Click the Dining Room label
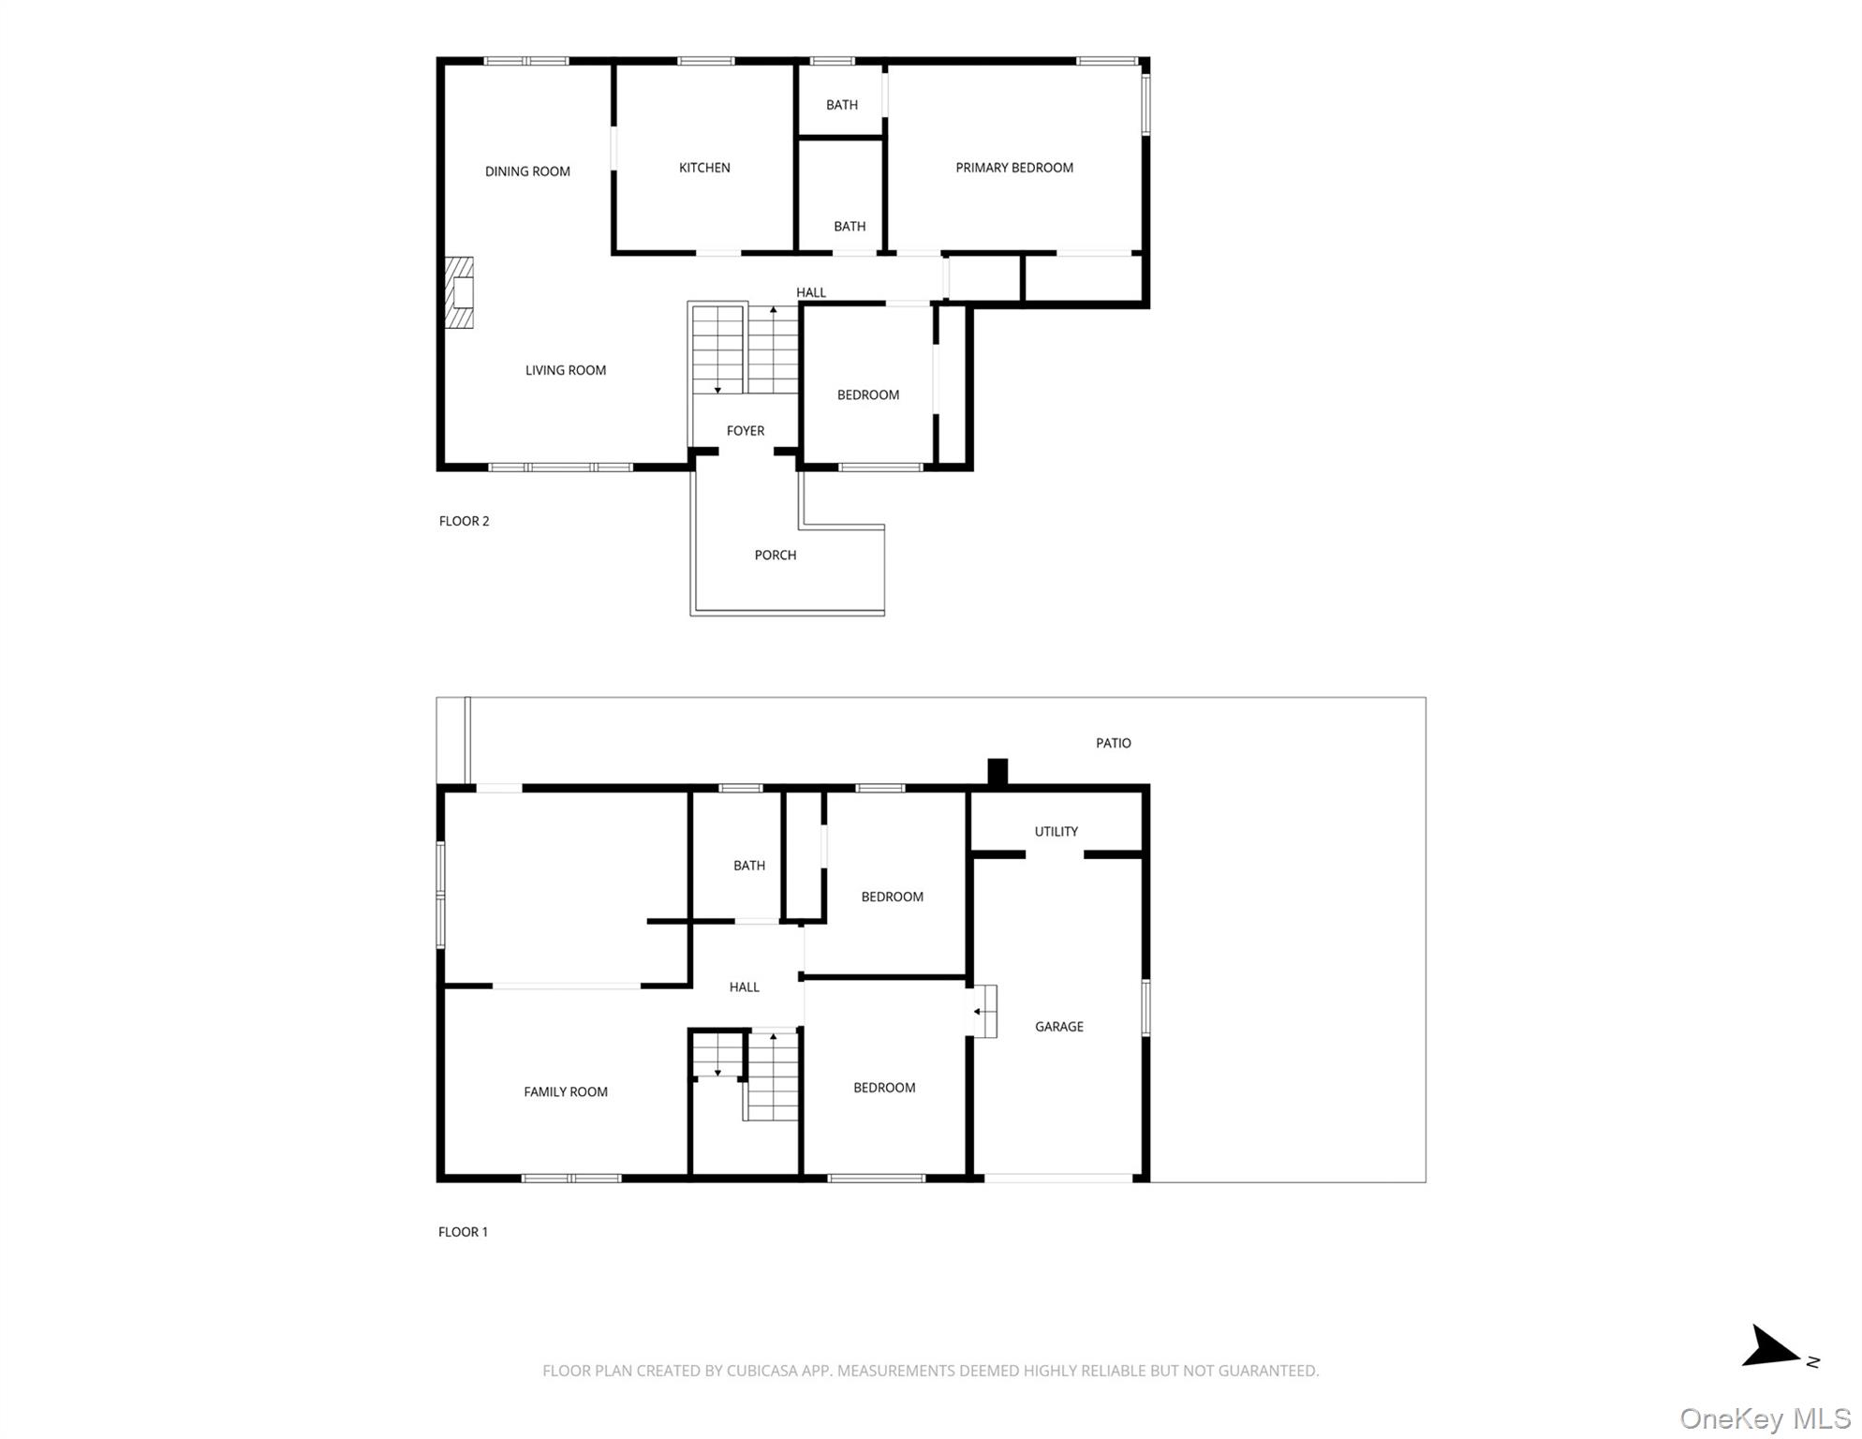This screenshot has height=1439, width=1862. point(527,171)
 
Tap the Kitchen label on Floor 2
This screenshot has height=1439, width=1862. point(704,168)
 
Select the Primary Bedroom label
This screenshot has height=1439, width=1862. point(1013,168)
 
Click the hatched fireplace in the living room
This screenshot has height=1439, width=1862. point(459,292)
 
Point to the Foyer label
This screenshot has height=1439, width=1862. point(746,431)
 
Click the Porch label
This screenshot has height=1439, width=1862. point(775,556)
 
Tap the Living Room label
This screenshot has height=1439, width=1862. point(565,370)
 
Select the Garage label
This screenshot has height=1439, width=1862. point(1058,1027)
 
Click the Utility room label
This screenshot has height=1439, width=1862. point(1056,832)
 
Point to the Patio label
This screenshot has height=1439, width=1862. point(1113,743)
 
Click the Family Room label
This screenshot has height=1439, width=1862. point(565,1091)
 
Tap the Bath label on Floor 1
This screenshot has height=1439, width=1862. point(748,866)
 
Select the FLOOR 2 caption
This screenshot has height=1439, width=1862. point(464,521)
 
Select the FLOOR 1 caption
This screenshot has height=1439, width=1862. point(463,1232)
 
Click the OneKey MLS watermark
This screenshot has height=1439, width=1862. point(1765,1418)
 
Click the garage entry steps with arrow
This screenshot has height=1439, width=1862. point(983,1011)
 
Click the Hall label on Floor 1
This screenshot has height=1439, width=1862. point(744,987)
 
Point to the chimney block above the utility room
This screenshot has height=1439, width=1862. point(997,771)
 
